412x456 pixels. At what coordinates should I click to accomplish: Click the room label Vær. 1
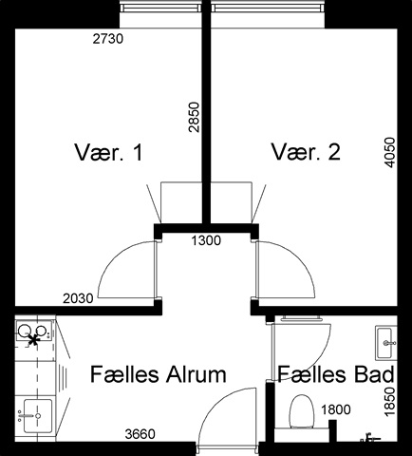coord(108,152)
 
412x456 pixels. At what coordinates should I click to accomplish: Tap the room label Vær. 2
coord(306,152)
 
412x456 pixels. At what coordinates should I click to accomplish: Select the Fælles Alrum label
coord(159,374)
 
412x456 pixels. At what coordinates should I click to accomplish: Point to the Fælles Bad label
coord(336,374)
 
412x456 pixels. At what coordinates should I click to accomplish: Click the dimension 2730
coord(107,39)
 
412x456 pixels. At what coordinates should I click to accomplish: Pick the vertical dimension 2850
coord(194,117)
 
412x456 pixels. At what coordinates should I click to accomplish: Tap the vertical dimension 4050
coord(389,152)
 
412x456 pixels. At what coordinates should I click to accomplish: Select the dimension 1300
coord(206,240)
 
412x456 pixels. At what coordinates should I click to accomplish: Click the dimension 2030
coord(78,298)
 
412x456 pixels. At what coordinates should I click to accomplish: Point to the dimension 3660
coord(140,434)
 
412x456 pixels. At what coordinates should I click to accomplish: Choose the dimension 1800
coord(336,409)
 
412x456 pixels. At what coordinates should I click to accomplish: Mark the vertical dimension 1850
coord(389,401)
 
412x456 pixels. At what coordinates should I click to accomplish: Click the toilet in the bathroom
coord(302,411)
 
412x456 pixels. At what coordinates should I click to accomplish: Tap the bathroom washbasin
coord(385,343)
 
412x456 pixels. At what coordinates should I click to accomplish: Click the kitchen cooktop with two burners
coord(33,333)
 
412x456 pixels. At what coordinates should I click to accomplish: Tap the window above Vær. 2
coord(268,8)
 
